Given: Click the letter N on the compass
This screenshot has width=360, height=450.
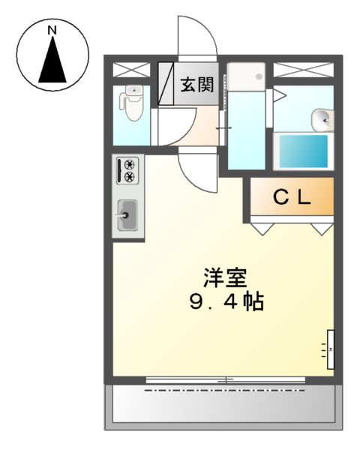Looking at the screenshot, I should (x=52, y=31).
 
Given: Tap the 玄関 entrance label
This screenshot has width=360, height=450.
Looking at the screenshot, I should (x=196, y=82).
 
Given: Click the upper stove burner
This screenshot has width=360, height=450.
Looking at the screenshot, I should (x=129, y=164).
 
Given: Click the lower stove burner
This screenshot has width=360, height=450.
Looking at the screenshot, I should (x=129, y=177).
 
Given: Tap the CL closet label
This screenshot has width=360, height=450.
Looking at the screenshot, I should (x=291, y=198).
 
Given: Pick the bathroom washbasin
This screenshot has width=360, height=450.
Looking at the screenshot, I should (x=321, y=118).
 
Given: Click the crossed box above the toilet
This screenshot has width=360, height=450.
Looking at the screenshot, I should (x=131, y=70).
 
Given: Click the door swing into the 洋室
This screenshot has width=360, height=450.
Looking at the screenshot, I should (x=196, y=168).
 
